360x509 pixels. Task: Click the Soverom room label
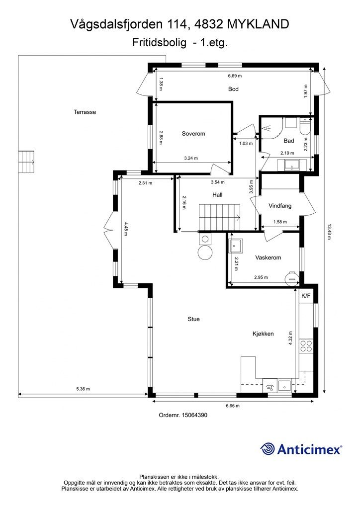pos(193,133)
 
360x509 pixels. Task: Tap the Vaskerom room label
pos(268,257)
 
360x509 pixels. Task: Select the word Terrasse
pos(85,112)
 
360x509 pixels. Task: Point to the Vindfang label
pos(280,205)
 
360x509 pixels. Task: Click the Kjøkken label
pos(263,334)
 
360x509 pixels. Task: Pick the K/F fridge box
pos(306,296)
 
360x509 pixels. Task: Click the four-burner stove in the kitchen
pos(306,346)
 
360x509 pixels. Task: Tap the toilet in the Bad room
pos(305,127)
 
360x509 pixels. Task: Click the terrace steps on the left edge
pos(26,162)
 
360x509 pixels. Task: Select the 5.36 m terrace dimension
pos(83,389)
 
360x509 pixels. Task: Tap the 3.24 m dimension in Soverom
pos(191,158)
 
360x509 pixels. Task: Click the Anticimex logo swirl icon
pos(268,449)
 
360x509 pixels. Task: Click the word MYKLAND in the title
pos(258,24)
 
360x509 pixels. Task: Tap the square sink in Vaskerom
pos(236,246)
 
